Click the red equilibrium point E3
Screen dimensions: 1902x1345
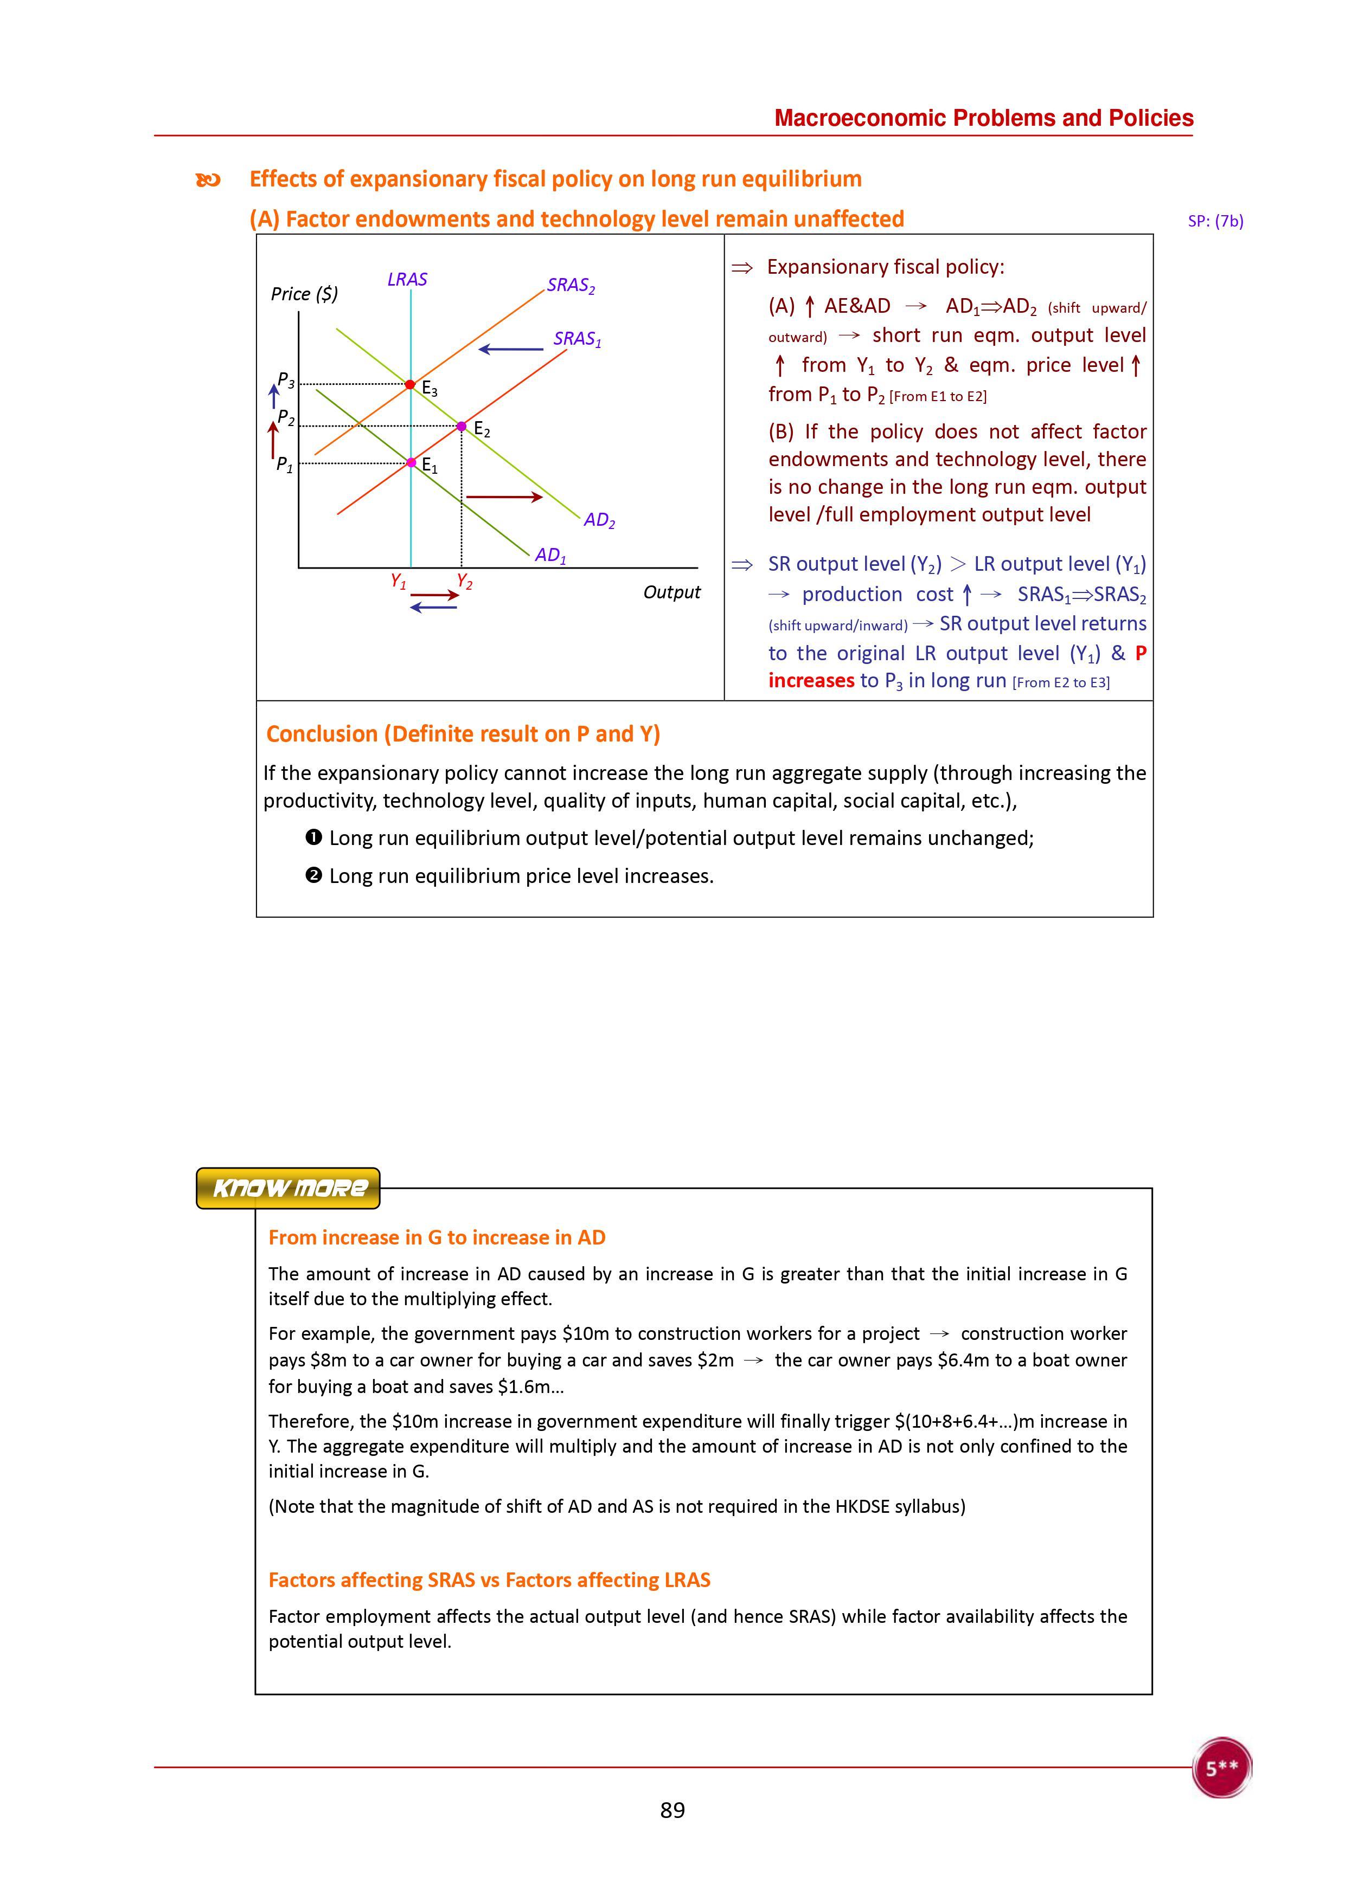[x=410, y=384]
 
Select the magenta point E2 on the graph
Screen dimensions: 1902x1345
[x=462, y=427]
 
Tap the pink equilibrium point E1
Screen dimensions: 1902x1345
[x=411, y=462]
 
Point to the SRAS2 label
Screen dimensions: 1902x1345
[x=571, y=286]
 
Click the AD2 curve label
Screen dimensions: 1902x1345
[x=599, y=521]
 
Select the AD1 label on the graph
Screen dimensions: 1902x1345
[x=551, y=556]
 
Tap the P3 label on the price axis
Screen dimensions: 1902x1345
[x=286, y=380]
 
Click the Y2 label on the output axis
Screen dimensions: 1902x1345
[x=465, y=582]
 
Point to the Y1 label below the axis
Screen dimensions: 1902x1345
[x=399, y=582]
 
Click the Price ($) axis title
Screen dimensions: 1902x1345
[x=304, y=294]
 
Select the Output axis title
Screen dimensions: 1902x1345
[x=671, y=592]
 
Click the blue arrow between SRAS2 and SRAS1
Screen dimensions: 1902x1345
[x=510, y=349]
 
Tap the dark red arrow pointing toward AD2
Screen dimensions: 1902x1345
[x=504, y=497]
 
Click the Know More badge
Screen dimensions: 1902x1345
[x=289, y=1188]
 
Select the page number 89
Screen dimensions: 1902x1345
[x=672, y=1810]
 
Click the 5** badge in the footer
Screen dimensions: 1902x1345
[x=1221, y=1768]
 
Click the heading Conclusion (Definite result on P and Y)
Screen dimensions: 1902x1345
[x=463, y=734]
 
